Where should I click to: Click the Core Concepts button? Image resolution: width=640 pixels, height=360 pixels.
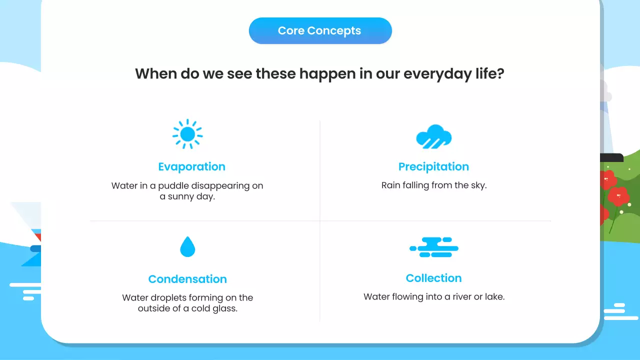(x=320, y=30)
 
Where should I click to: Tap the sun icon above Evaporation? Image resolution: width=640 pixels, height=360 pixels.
(x=187, y=134)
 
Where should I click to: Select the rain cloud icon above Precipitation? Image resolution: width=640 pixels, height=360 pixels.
(x=433, y=136)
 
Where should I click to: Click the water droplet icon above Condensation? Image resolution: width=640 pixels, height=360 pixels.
(x=187, y=247)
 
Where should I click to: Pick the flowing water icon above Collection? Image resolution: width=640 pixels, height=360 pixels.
(x=433, y=247)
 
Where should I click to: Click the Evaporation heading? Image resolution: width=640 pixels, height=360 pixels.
(x=191, y=166)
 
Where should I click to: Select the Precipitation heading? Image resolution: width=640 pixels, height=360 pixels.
(x=433, y=166)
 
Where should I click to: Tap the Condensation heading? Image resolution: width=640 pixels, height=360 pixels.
(x=187, y=279)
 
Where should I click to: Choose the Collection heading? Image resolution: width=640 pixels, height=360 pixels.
(x=433, y=278)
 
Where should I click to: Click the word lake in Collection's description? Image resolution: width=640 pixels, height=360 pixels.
(x=494, y=297)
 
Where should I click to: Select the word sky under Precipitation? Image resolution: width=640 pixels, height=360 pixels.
(x=477, y=185)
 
